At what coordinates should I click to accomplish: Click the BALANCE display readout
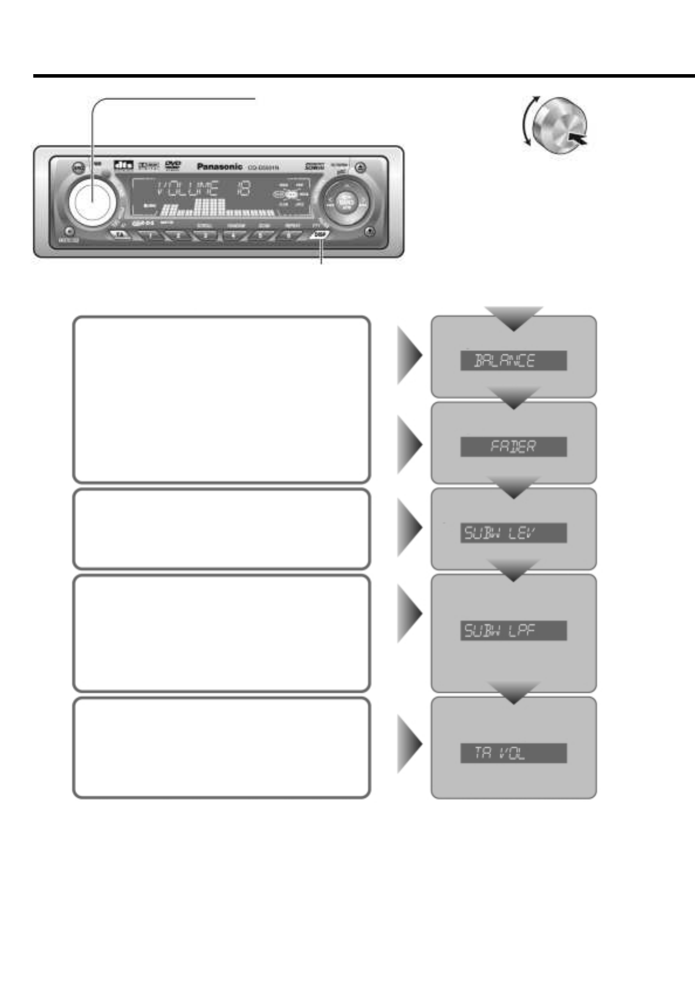pos(513,361)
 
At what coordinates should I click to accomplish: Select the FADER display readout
pos(513,447)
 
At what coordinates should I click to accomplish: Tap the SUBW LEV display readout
pos(513,532)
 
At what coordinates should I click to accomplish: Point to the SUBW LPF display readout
pos(513,630)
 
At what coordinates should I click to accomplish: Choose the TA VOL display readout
pos(513,753)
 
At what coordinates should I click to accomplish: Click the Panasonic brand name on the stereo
pos(220,166)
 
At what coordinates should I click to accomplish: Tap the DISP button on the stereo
pos(320,235)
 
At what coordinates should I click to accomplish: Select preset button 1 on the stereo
pos(150,235)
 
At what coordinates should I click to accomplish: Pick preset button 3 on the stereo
pos(205,235)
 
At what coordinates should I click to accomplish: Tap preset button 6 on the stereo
pos(288,235)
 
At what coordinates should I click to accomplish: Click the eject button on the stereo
pos(361,168)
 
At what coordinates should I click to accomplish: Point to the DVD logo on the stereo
pos(173,165)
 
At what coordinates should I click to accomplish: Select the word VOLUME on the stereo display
pos(188,189)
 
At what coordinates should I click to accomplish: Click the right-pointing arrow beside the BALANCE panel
pos(409,354)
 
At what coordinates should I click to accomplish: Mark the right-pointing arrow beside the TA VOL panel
pos(409,744)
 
